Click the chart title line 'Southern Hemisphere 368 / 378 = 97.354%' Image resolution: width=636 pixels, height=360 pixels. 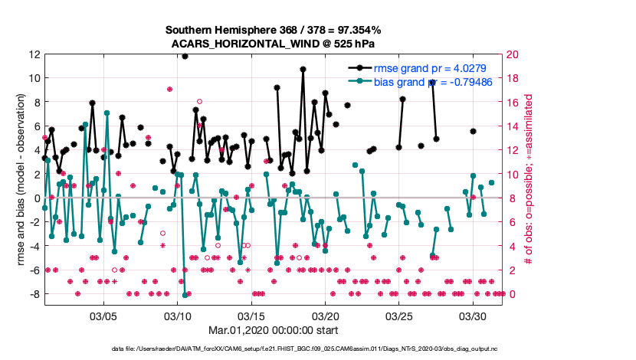point(274,30)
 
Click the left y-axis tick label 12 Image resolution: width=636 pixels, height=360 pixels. point(34,54)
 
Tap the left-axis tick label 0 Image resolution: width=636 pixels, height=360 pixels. point(38,198)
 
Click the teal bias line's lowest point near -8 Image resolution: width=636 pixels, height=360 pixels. point(185,294)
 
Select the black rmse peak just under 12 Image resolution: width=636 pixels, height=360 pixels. point(185,56)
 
